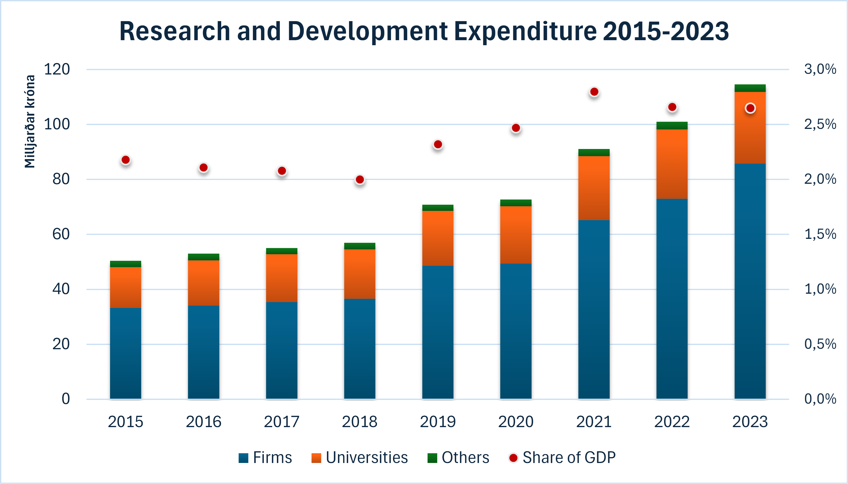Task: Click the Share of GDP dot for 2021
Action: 594,92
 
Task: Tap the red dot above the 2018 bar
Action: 360,179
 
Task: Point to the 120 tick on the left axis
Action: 57,70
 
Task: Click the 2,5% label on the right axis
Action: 820,124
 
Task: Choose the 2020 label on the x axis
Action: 516,422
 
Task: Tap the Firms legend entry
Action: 265,458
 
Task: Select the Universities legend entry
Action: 360,458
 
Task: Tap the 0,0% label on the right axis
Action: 820,399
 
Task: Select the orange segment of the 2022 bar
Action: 672,164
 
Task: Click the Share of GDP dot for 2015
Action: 126,160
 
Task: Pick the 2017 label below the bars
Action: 282,422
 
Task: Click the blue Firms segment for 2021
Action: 594,309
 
